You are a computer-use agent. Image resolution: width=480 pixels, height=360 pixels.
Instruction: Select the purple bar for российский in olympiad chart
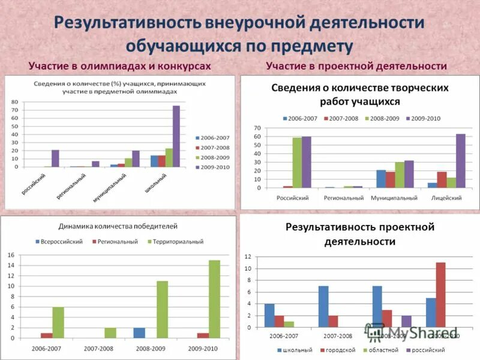point(55,158)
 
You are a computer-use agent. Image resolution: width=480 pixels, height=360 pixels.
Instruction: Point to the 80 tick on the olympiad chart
point(15,102)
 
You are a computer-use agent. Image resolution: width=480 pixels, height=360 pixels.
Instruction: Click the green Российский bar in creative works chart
point(297,163)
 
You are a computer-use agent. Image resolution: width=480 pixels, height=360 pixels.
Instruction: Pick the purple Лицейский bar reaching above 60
point(461,161)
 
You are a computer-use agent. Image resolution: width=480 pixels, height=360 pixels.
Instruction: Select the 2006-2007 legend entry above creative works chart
point(300,118)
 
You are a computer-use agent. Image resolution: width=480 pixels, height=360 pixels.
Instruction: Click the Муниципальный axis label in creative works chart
point(395,197)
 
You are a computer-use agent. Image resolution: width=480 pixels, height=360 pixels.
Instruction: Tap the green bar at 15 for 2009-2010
point(214,299)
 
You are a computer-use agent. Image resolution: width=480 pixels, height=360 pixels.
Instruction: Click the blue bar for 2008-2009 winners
point(139,332)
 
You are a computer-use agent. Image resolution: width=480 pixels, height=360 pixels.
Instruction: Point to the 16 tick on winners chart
point(11,255)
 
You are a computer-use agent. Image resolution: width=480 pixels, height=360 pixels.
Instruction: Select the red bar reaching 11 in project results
point(440,295)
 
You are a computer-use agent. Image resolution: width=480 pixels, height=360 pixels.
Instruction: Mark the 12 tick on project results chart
point(247,257)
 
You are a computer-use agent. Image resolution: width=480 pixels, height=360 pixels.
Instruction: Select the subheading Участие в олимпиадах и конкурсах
point(119,65)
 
